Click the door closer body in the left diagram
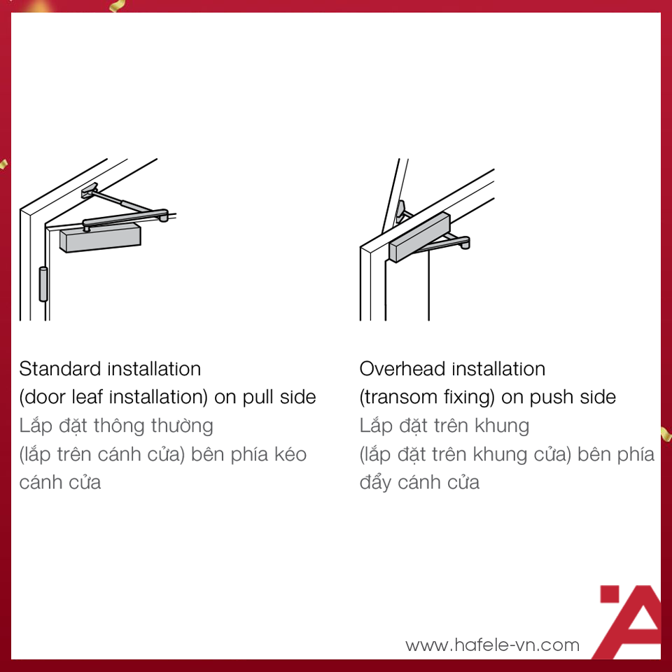click(x=101, y=237)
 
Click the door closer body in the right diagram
click(x=419, y=237)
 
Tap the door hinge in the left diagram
click(x=43, y=283)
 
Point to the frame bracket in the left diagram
click(x=90, y=190)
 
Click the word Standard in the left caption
click(x=60, y=369)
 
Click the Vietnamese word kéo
click(x=290, y=454)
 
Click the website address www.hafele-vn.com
click(x=492, y=645)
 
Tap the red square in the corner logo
click(x=610, y=594)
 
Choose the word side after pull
click(x=298, y=398)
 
